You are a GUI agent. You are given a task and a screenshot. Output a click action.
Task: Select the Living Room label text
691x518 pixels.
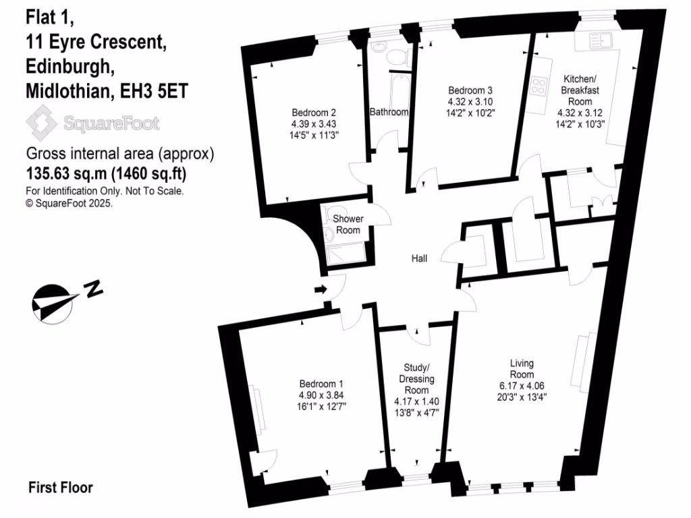click(522, 370)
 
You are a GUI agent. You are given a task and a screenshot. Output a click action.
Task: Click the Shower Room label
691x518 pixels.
click(349, 225)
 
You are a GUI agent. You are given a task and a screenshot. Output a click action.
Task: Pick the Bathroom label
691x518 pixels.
click(389, 112)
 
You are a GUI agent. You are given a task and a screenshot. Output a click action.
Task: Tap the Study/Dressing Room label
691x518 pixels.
click(416, 378)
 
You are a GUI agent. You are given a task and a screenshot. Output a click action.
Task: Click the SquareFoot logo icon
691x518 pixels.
click(41, 123)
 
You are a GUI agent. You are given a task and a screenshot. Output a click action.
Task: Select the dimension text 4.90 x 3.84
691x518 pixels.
click(316, 394)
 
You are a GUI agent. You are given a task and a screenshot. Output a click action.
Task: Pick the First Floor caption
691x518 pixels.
click(61, 487)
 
